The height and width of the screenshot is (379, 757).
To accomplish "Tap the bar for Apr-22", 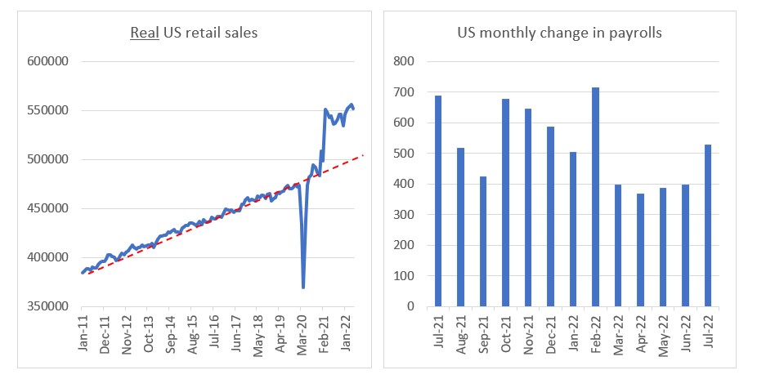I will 641,250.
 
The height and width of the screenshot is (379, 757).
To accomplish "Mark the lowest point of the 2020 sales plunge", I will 303,287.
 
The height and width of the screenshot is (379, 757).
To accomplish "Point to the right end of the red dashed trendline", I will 363,155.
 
